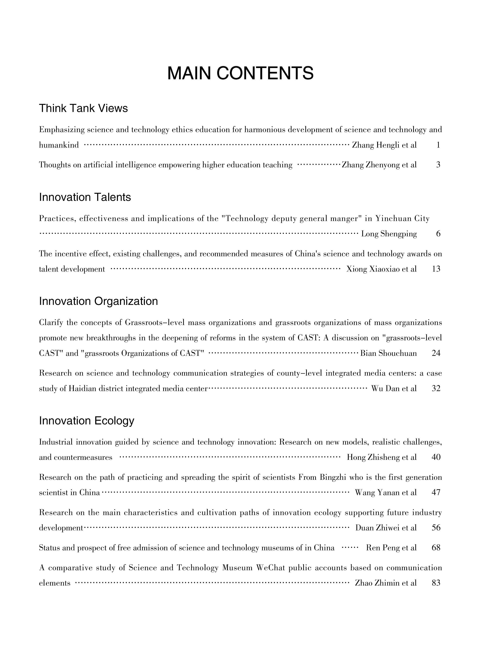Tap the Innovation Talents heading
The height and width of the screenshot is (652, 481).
coord(85,197)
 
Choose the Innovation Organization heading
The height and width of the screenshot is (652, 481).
coord(98,301)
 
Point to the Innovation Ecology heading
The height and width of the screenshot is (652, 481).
coord(87,421)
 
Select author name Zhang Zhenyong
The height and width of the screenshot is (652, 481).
coord(371,165)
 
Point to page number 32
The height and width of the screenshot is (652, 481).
coord(436,389)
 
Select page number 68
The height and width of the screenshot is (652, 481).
coord(436,548)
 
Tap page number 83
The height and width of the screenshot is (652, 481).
coord(436,583)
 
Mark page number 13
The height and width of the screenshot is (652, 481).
coord(436,269)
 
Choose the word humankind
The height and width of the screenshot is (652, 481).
coord(59,145)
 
